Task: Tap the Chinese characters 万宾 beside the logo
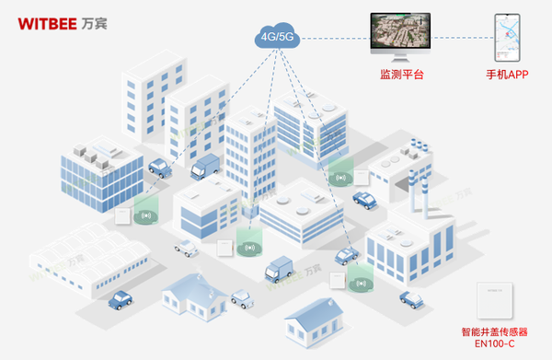[94, 21]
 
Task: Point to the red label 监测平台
[400, 73]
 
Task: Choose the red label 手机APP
[508, 73]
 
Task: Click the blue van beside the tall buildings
[205, 167]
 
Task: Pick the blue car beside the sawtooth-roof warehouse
[121, 299]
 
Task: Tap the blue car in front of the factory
[410, 296]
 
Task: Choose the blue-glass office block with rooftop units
[101, 175]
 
